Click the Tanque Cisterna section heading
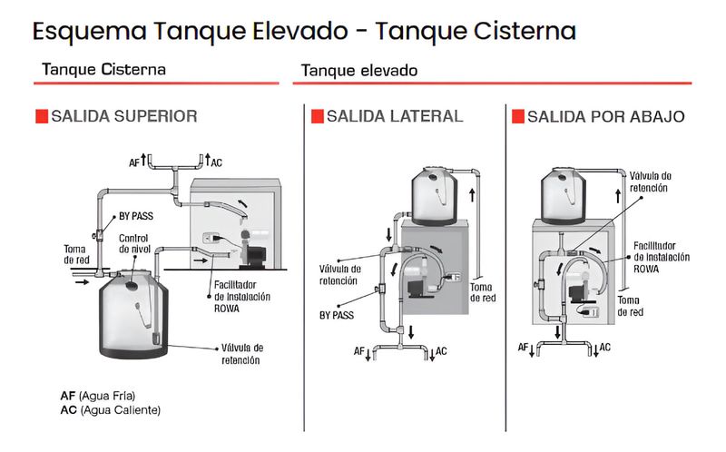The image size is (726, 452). [x=103, y=69]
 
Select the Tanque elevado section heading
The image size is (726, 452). [x=358, y=70]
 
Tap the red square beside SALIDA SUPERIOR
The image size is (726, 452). [x=40, y=116]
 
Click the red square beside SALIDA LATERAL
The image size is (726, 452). [x=317, y=116]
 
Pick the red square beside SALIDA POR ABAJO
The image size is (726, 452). [x=518, y=116]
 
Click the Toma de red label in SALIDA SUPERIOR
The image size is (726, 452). [x=76, y=254]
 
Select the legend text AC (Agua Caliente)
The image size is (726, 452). [x=110, y=410]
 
